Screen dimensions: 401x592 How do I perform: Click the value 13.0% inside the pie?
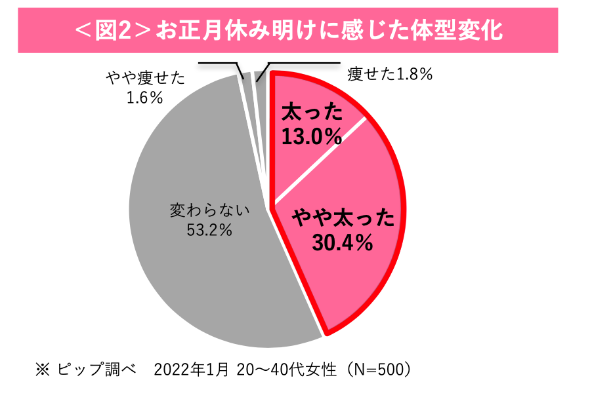pos(312,136)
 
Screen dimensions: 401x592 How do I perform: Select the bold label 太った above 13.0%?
pos(312,113)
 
